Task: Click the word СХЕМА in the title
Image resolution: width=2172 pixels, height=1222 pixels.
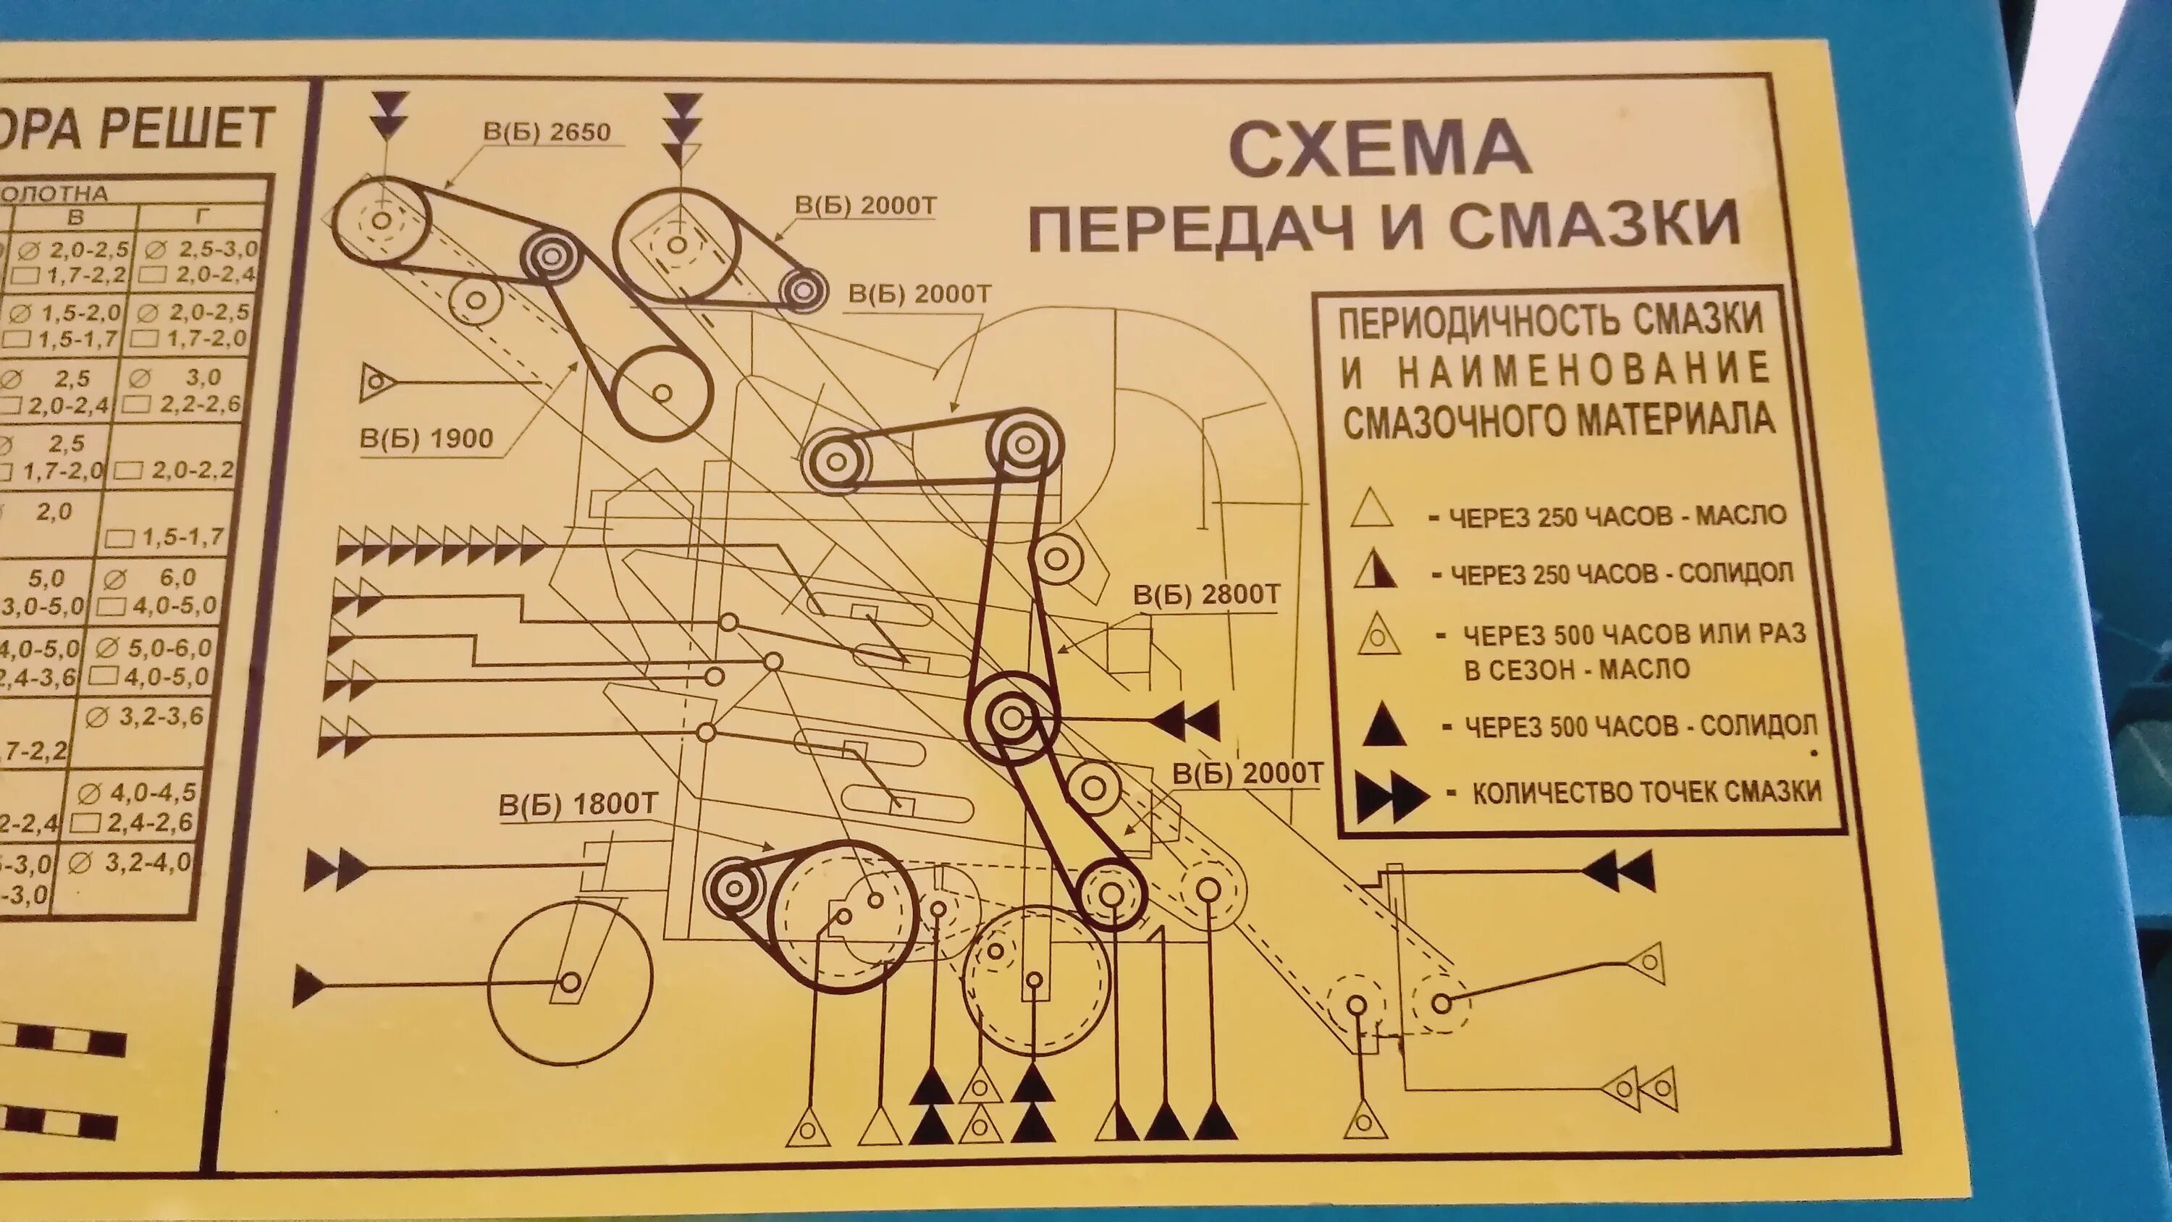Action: [x=1379, y=150]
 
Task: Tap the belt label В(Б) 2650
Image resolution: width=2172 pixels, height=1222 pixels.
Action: [x=547, y=132]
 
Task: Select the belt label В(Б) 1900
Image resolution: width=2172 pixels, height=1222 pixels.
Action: [x=426, y=439]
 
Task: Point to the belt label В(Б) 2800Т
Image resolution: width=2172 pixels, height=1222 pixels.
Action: [x=1205, y=595]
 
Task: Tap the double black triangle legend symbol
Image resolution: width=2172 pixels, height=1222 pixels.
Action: [x=1392, y=796]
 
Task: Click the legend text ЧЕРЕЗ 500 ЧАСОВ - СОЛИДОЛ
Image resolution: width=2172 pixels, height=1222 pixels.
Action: [x=1641, y=726]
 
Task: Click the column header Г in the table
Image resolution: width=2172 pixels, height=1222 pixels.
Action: [x=201, y=216]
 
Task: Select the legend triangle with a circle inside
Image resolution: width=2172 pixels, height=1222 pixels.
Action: [x=1378, y=635]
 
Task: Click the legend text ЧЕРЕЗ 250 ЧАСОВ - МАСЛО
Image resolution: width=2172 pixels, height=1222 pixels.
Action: [x=1617, y=515]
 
